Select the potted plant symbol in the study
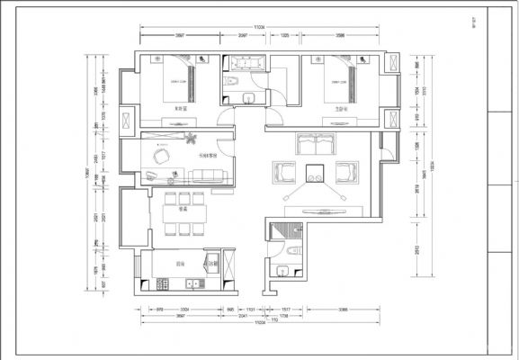(191, 139)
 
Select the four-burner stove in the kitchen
(163, 285)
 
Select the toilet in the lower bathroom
(295, 253)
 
